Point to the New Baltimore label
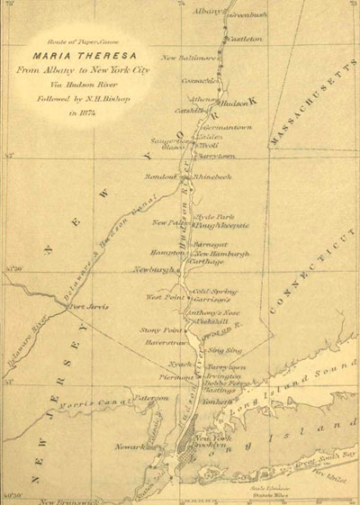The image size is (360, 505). click(186, 57)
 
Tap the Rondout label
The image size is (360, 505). click(162, 176)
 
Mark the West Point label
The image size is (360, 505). click(166, 296)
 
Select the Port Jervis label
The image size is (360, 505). click(89, 307)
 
